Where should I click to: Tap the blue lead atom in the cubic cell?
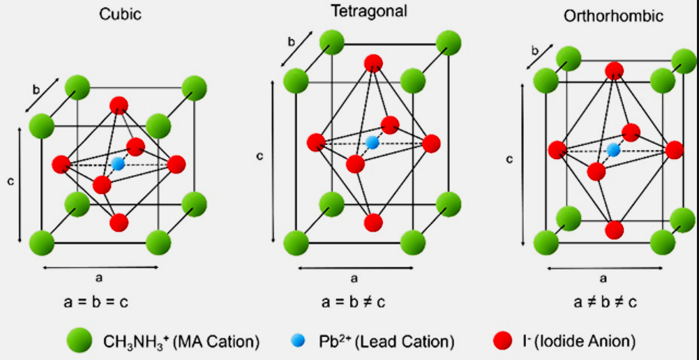coord(118,165)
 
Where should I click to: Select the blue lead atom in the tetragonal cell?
coord(373,142)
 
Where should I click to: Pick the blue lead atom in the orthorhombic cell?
coord(614,149)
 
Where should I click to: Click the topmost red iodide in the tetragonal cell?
coord(374,63)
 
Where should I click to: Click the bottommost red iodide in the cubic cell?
coord(119,223)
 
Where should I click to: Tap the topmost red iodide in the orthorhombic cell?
coord(614,70)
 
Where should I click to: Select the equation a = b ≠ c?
coord(354,302)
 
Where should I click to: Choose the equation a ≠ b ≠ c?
coord(604,302)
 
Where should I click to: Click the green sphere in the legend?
coord(80,340)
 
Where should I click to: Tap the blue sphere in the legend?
coord(298,340)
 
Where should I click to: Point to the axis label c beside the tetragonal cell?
coord(260,156)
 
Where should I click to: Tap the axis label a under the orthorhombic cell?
coord(604,278)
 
